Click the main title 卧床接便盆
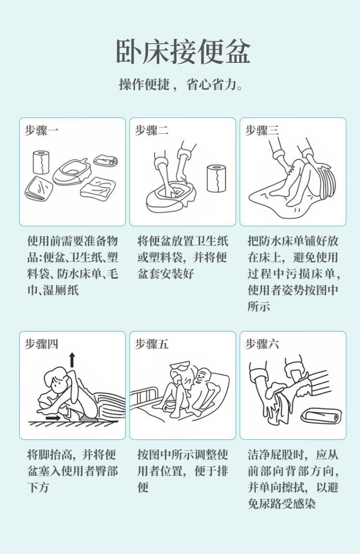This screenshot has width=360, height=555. [x=183, y=52]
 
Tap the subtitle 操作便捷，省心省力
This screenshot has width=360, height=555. [x=180, y=85]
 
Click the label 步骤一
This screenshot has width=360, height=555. [x=41, y=130]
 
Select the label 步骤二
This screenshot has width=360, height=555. [x=152, y=130]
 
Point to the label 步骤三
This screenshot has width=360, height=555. [x=262, y=130]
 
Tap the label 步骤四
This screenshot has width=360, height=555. [x=41, y=343]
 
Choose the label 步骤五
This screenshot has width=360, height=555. [x=152, y=343]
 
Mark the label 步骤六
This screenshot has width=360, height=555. [x=262, y=343]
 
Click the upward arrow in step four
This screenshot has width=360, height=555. [x=72, y=359]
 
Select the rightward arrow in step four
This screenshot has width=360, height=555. [x=53, y=418]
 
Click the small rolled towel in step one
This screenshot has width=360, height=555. [x=106, y=160]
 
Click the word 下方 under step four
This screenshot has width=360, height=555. [x=38, y=487]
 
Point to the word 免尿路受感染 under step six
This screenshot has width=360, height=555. [x=282, y=504]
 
